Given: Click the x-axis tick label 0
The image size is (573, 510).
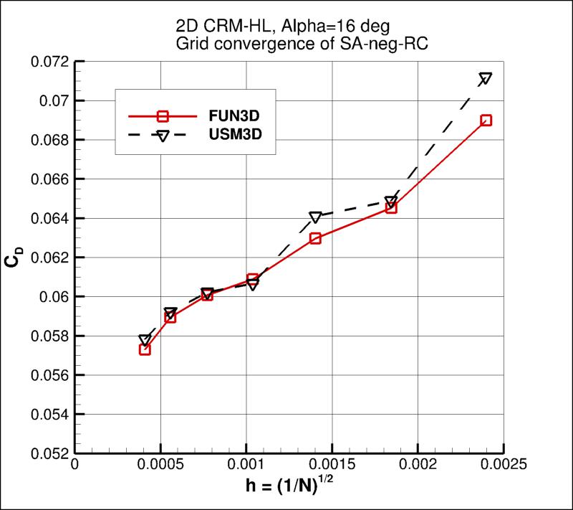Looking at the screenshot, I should pyautogui.click(x=74, y=464).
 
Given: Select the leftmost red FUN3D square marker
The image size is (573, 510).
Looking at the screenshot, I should pyautogui.click(x=145, y=349).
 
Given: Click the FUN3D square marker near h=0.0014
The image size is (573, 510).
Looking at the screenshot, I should pyautogui.click(x=315, y=238).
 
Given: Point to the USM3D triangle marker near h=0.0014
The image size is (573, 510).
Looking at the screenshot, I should pyautogui.click(x=315, y=217).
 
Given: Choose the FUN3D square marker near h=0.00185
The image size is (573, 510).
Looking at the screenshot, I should pyautogui.click(x=391, y=208).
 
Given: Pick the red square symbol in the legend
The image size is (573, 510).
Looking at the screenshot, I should pyautogui.click(x=163, y=115).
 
